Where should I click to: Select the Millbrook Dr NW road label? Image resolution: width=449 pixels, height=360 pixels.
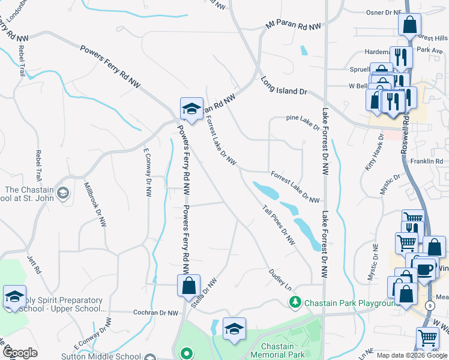(x=95, y=204)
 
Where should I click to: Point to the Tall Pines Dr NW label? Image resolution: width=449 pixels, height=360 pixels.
(x=279, y=224)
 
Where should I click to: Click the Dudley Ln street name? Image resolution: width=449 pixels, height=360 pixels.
(x=279, y=277)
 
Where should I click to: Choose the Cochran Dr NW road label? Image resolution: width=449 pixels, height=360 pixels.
(x=155, y=313)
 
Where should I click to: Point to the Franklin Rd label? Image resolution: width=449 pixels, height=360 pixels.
(x=426, y=161)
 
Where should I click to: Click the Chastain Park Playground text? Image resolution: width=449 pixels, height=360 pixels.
(x=352, y=302)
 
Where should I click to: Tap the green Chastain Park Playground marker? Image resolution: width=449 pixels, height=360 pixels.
(x=294, y=302)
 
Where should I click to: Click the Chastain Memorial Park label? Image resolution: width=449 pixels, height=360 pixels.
(x=277, y=351)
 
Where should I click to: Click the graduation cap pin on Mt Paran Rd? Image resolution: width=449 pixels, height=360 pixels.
(x=191, y=109)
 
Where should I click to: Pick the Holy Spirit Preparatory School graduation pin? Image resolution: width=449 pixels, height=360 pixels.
(x=14, y=296)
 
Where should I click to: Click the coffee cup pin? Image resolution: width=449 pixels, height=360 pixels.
(x=425, y=268)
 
